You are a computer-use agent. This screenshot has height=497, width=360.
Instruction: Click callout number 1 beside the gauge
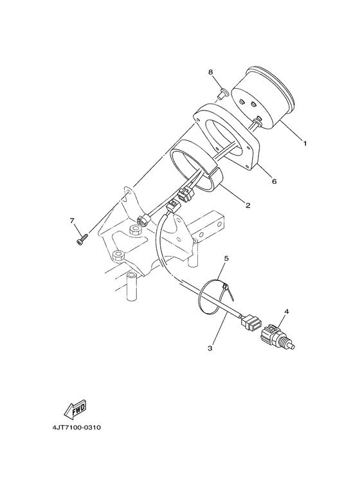tap(305, 143)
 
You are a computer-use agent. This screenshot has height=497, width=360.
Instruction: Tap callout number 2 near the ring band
tap(248, 205)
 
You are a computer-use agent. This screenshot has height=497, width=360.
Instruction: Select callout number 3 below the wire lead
tap(210, 348)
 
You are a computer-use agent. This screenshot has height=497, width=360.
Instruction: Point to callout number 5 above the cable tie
tap(226, 258)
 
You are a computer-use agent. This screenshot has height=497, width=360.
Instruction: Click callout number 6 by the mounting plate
tap(274, 181)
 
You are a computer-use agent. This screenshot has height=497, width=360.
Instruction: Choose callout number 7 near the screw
tap(72, 221)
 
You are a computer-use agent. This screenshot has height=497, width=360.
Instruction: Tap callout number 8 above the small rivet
tap(210, 72)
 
